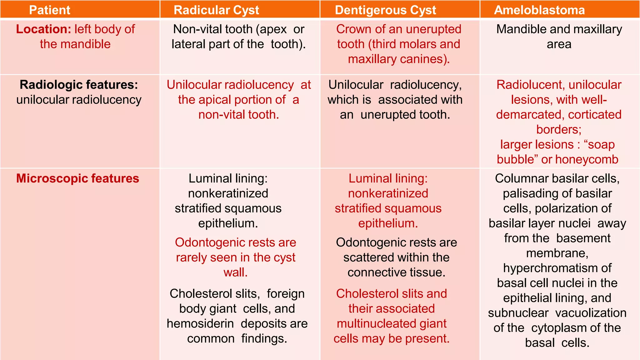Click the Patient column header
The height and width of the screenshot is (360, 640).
50,10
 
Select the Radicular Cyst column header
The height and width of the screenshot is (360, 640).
216,10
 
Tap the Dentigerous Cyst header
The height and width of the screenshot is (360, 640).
385,10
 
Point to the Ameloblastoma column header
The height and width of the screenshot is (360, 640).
539,10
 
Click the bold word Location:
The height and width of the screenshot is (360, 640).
44,29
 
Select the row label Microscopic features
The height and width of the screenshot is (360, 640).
77,178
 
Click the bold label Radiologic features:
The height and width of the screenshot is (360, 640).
79,85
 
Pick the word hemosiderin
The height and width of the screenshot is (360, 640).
200,323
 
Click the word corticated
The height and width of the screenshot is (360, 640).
595,115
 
